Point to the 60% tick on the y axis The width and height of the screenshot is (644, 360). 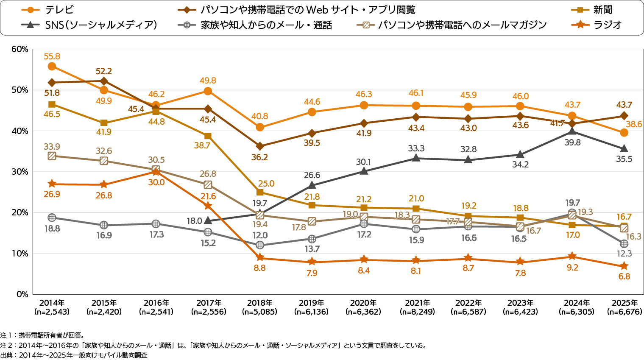20,49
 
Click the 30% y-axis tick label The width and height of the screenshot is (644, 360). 20,172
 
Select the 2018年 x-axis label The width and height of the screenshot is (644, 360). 259,303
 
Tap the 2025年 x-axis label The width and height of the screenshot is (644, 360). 624,303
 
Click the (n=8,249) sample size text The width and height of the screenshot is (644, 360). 417,312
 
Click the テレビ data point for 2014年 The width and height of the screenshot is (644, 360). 52,66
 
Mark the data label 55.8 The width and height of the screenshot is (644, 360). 52,56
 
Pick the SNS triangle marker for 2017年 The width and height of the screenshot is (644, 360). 208,220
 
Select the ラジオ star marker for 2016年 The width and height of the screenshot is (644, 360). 156,172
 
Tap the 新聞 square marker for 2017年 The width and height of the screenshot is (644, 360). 208,136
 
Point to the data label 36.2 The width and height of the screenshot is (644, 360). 259,157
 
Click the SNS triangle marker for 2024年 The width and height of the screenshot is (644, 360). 572,131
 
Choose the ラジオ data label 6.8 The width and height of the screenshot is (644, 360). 624,276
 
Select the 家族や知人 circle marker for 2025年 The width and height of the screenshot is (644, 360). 624,244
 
